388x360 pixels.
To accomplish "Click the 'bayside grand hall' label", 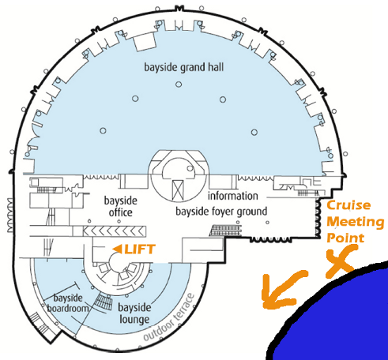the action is pyautogui.click(x=184, y=68).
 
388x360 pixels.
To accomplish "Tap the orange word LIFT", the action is pyautogui.click(x=140, y=249).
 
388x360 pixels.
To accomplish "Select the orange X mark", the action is pyautogui.click(x=341, y=261).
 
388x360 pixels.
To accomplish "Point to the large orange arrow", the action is pyautogui.click(x=283, y=289).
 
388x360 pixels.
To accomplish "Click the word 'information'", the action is pyautogui.click(x=233, y=196).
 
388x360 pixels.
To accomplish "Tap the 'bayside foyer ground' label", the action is pyautogui.click(x=221, y=212).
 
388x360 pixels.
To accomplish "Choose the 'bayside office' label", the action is pyautogui.click(x=121, y=207).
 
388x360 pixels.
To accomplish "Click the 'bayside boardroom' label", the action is pyautogui.click(x=68, y=303).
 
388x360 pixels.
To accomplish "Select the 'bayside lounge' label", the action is pyautogui.click(x=134, y=313).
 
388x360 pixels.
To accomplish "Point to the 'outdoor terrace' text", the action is pyautogui.click(x=168, y=317).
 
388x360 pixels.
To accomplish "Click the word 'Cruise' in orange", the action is pyautogui.click(x=348, y=205).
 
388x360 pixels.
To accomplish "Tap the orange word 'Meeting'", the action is pyautogui.click(x=356, y=222).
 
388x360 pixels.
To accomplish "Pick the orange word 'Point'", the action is pyautogui.click(x=345, y=238).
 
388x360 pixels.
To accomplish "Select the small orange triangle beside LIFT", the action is pyautogui.click(x=117, y=249).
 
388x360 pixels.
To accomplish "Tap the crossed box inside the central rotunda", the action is pyautogui.click(x=178, y=189).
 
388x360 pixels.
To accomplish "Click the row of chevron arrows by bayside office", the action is pyautogui.click(x=114, y=231).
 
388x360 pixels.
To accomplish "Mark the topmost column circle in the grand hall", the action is pyautogui.click(x=179, y=84).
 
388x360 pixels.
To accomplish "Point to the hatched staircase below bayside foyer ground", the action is pyautogui.click(x=225, y=231).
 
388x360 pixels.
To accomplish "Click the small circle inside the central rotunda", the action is pyautogui.click(x=190, y=168).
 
